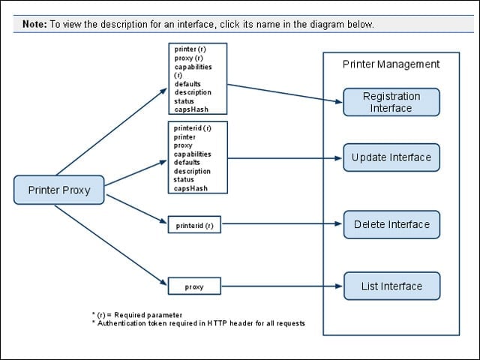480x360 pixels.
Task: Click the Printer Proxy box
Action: click(58, 190)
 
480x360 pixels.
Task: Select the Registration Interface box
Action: click(391, 102)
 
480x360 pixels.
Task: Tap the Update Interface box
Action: click(391, 157)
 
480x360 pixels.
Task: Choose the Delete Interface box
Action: click(391, 224)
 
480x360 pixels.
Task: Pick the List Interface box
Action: click(391, 286)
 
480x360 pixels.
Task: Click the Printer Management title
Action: click(391, 64)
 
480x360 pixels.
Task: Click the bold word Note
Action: click(34, 24)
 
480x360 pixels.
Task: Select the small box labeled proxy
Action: click(194, 286)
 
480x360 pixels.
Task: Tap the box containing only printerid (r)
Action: click(194, 224)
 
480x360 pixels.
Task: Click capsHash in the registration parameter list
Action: click(191, 109)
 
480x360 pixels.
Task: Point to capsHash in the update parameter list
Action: click(190, 188)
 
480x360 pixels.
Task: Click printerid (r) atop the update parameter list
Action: click(193, 128)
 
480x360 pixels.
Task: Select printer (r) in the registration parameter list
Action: click(190, 49)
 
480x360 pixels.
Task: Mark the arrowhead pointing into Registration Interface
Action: click(338, 101)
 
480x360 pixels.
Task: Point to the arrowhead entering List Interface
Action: click(338, 286)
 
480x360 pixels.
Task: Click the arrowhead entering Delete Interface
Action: click(338, 223)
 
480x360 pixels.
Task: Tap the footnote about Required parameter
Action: click(137, 315)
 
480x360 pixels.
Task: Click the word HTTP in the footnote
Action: click(217, 323)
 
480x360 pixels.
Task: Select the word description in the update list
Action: click(192, 171)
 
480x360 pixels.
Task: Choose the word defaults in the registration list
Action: click(187, 84)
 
